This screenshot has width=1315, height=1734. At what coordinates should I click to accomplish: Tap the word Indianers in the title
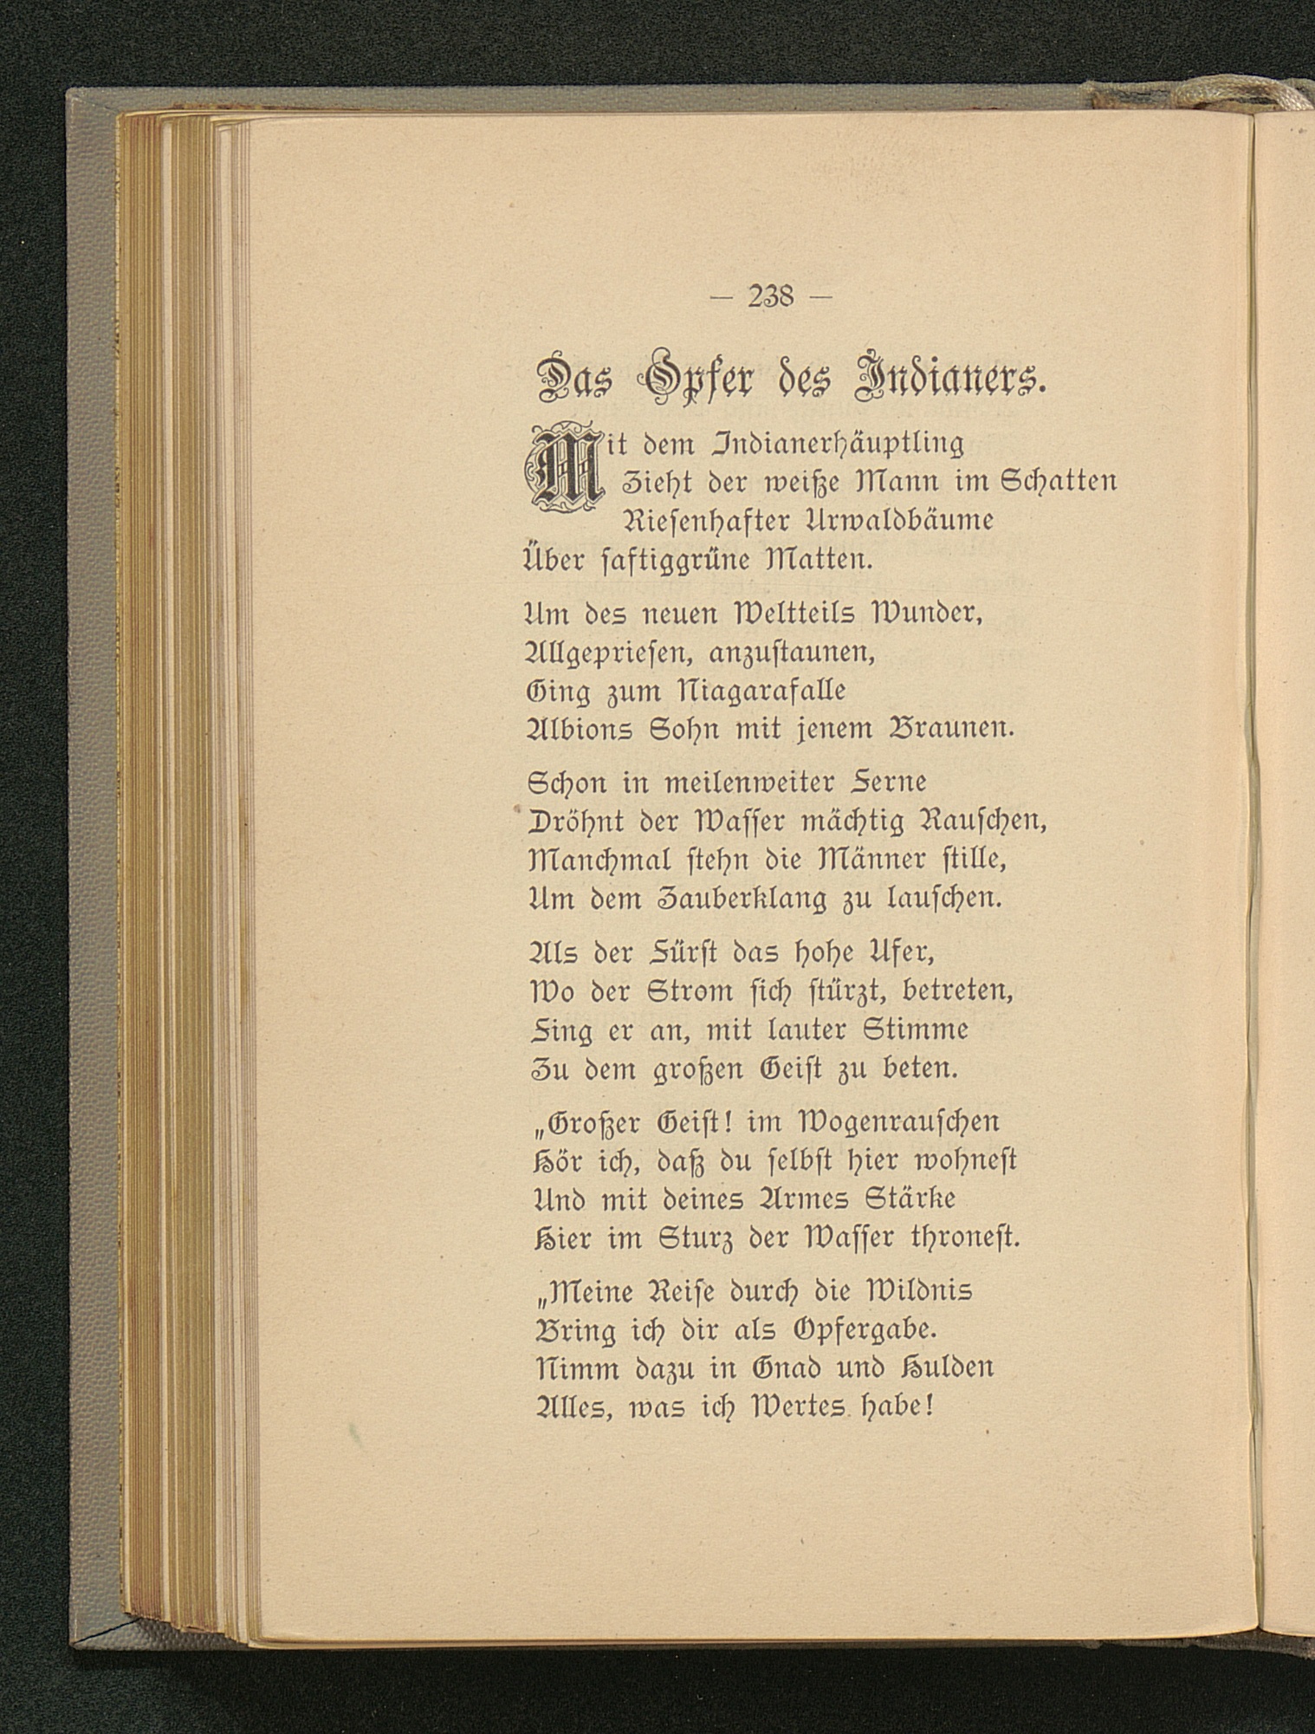pyautogui.click(x=947, y=378)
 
